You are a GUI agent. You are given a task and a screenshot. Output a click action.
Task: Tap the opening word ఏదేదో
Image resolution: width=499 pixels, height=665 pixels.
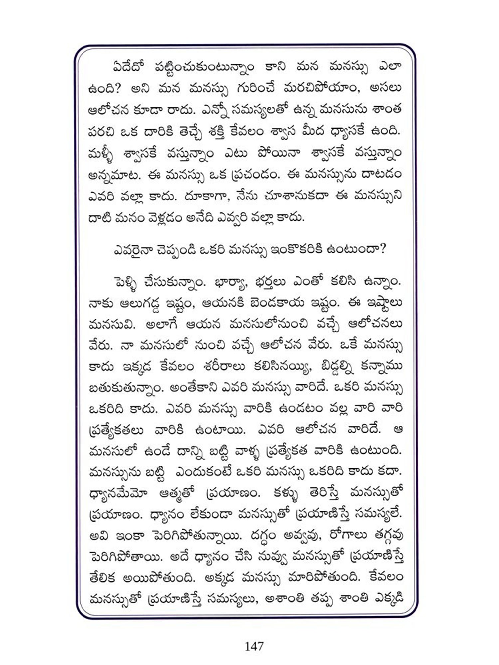[x=128, y=67]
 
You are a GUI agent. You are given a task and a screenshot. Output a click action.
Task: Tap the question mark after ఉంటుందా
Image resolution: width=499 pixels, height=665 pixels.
[x=382, y=249]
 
